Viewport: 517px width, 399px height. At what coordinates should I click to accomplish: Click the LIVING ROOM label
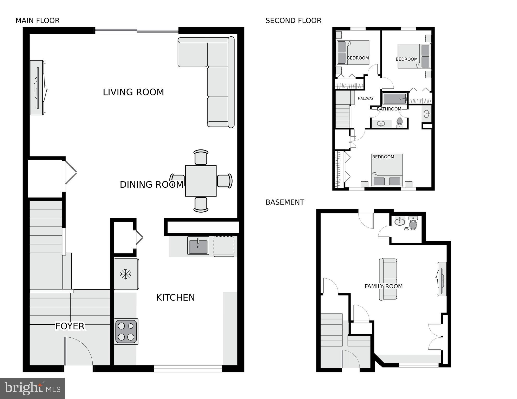(133, 92)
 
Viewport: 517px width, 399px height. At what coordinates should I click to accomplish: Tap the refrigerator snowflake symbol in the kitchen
(126, 274)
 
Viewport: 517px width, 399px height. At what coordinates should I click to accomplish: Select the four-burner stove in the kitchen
(126, 331)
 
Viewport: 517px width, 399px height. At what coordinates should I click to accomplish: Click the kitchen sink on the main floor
(198, 246)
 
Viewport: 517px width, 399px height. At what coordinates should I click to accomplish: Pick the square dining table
(201, 181)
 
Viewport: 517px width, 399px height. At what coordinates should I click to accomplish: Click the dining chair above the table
(201, 157)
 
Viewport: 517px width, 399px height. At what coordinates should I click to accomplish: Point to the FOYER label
(70, 326)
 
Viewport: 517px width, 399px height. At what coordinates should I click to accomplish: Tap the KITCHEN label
(175, 298)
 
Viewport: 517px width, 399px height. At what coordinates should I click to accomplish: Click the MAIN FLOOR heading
(37, 21)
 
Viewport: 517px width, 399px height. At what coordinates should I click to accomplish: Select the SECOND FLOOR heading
(293, 21)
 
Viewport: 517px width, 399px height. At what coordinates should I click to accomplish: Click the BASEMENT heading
(285, 202)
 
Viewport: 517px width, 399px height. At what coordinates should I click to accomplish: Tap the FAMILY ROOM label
(383, 286)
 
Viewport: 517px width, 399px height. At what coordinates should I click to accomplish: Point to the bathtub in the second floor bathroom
(394, 99)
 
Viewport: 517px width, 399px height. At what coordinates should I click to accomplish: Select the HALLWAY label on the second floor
(365, 98)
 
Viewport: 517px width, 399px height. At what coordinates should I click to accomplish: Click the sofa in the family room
(388, 279)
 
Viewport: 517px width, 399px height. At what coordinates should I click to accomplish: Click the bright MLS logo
(32, 388)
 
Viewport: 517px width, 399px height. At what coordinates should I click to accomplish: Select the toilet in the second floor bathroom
(399, 122)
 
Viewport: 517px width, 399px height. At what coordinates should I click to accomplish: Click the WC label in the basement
(406, 228)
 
